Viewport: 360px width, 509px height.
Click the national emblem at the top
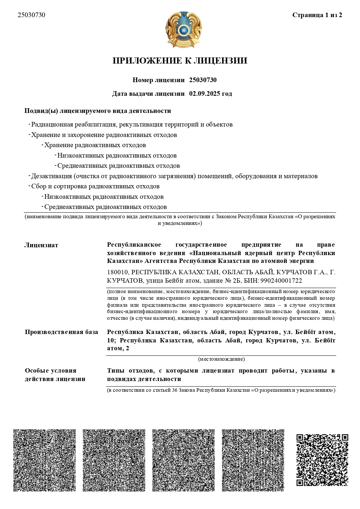click(x=183, y=30)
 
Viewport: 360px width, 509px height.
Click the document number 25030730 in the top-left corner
click(x=31, y=15)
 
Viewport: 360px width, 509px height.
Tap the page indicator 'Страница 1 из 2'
click(x=317, y=15)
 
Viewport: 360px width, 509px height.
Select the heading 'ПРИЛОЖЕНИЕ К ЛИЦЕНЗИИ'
click(x=180, y=61)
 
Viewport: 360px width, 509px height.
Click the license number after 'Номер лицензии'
click(x=203, y=80)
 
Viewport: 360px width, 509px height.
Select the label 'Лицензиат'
click(x=41, y=245)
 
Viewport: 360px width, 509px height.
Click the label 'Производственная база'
click(x=61, y=332)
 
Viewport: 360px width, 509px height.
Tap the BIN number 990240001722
click(x=281, y=281)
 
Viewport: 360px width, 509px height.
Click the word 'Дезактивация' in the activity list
click(x=51, y=176)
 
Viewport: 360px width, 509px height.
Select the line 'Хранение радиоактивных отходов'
click(x=95, y=145)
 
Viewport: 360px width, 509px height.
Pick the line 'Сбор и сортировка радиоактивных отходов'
click(x=95, y=186)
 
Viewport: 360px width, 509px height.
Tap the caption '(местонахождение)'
click(x=221, y=359)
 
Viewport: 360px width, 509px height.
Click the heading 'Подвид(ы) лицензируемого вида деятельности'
click(x=98, y=111)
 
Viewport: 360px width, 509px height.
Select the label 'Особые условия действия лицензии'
click(x=55, y=375)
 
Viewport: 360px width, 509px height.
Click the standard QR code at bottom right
click(x=322, y=460)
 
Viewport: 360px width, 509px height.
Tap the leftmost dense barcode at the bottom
click(x=44, y=460)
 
